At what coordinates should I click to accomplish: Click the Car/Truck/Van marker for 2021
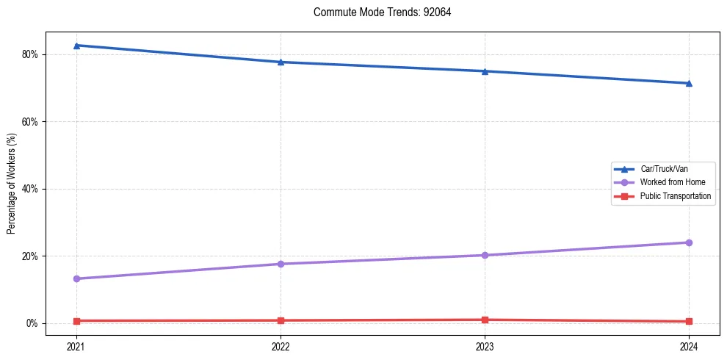76,46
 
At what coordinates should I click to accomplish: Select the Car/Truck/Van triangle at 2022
281,62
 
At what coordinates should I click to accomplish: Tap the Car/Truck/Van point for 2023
485,71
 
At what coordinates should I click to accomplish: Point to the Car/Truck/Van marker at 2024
689,83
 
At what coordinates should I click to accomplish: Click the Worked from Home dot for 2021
76,278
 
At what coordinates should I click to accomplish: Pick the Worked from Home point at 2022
281,264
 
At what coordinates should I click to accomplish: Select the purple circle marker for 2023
485,255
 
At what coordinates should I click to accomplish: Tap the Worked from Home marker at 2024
689,242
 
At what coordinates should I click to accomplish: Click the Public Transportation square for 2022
281,320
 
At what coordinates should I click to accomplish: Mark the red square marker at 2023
485,320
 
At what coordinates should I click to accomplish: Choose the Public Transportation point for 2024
689,321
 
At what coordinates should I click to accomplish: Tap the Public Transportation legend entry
675,196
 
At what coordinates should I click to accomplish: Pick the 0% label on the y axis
32,323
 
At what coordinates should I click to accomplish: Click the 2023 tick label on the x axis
485,346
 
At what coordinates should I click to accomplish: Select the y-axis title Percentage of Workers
11,184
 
